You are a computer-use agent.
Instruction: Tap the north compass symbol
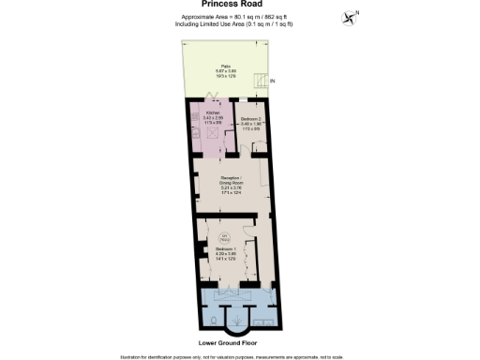pos(351,17)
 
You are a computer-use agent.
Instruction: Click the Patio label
pos(226,66)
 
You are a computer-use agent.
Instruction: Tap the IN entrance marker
pos(273,82)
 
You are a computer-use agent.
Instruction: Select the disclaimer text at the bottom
pos(239,356)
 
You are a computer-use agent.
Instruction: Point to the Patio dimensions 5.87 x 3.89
pos(226,71)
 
